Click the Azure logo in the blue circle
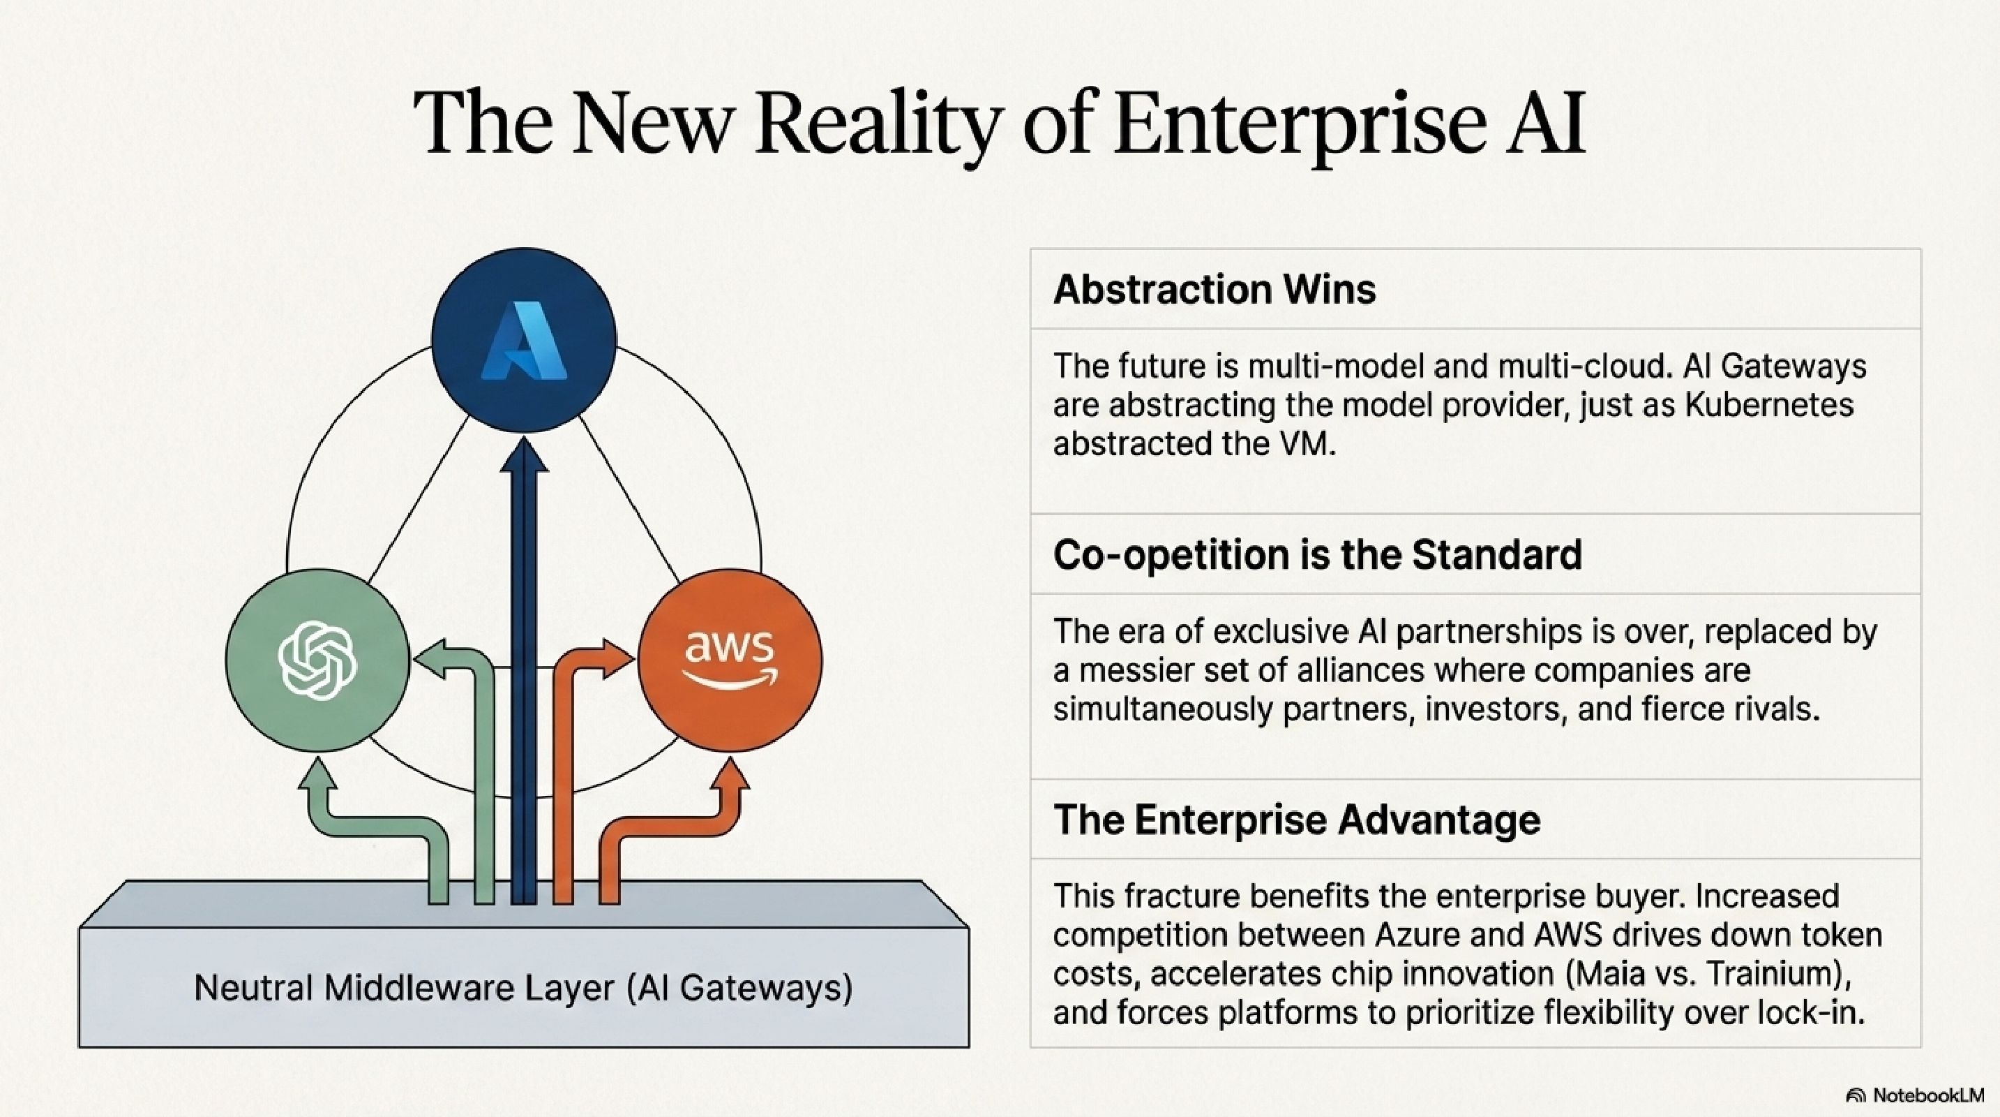coord(523,340)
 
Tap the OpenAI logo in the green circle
coord(317,661)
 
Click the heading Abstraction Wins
coord(1215,290)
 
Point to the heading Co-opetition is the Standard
coord(1317,554)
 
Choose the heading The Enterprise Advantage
coord(1297,820)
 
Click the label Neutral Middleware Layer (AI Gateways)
coord(523,988)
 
